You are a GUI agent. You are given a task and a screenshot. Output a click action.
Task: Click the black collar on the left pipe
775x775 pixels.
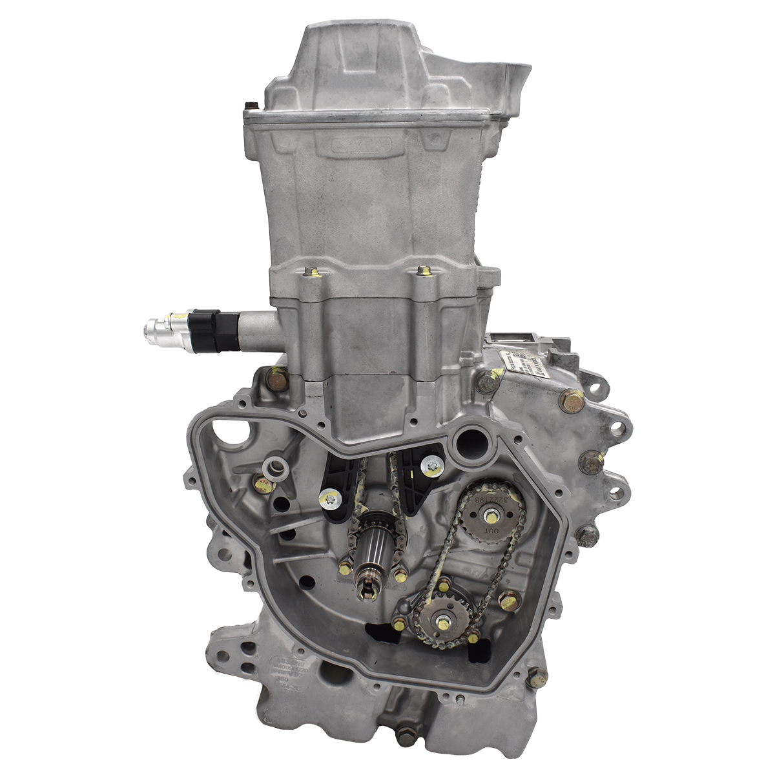click(209, 329)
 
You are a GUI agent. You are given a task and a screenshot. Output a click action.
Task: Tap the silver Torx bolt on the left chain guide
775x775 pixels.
click(329, 498)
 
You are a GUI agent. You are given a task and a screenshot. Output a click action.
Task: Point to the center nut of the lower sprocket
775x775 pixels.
click(444, 622)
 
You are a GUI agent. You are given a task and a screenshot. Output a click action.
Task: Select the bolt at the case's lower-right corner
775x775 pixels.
click(535, 677)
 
